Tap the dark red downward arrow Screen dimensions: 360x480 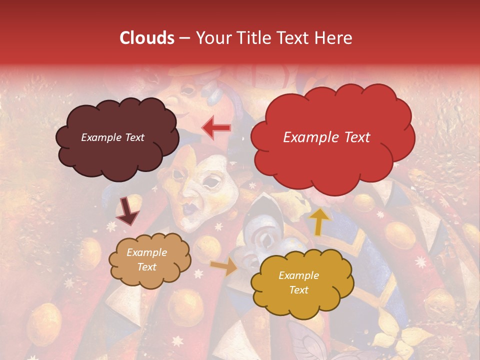click(127, 212)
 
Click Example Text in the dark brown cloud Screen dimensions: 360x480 click(112, 137)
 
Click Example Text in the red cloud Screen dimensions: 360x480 click(326, 137)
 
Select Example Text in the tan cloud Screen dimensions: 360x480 click(147, 260)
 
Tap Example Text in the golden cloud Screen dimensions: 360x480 click(298, 282)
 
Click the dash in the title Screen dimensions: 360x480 click(184, 38)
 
